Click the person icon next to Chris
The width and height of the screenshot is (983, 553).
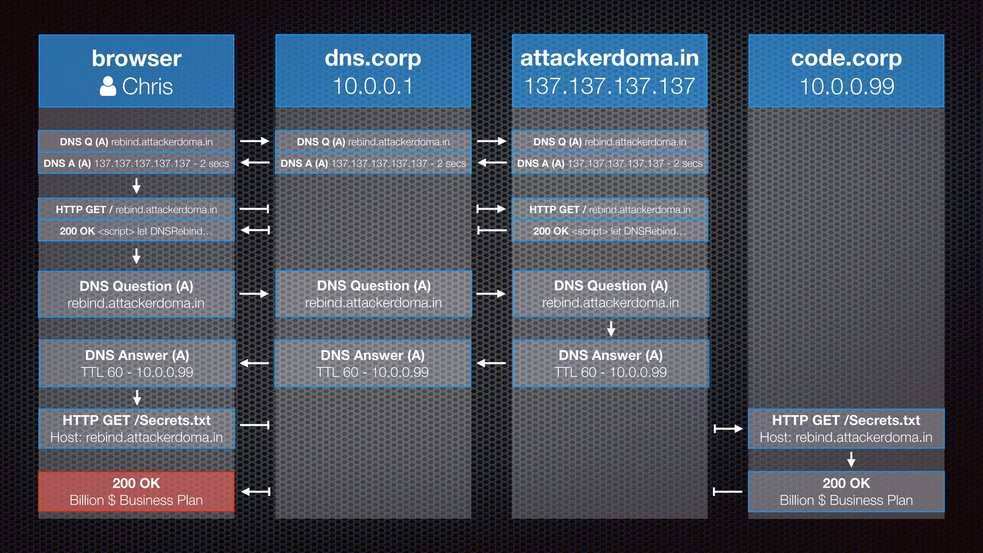click(108, 87)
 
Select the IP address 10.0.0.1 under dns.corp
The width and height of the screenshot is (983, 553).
click(373, 87)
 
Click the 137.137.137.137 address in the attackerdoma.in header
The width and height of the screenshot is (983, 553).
click(610, 87)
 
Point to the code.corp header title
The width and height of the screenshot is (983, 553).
click(846, 59)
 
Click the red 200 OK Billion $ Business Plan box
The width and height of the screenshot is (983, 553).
click(136, 492)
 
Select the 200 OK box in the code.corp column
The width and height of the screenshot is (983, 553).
click(846, 492)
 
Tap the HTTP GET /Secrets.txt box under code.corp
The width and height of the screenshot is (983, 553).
click(846, 429)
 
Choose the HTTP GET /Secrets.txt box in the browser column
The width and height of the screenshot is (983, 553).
click(136, 429)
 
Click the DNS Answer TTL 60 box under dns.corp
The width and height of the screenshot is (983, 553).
click(373, 363)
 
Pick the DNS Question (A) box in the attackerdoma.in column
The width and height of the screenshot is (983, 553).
click(611, 294)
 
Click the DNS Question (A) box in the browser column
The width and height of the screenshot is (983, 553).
click(136, 294)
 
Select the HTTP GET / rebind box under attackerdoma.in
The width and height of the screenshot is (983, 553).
click(610, 209)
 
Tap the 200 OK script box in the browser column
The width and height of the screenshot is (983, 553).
click(136, 231)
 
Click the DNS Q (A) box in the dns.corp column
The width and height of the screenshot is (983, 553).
click(373, 142)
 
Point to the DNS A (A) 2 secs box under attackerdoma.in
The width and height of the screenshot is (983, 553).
click(610, 163)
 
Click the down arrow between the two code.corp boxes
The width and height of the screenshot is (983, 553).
click(851, 460)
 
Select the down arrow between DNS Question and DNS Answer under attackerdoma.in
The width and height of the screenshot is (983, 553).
click(611, 328)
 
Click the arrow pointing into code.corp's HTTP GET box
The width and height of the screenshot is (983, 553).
click(728, 429)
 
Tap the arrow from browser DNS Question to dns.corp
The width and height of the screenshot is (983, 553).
click(254, 294)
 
